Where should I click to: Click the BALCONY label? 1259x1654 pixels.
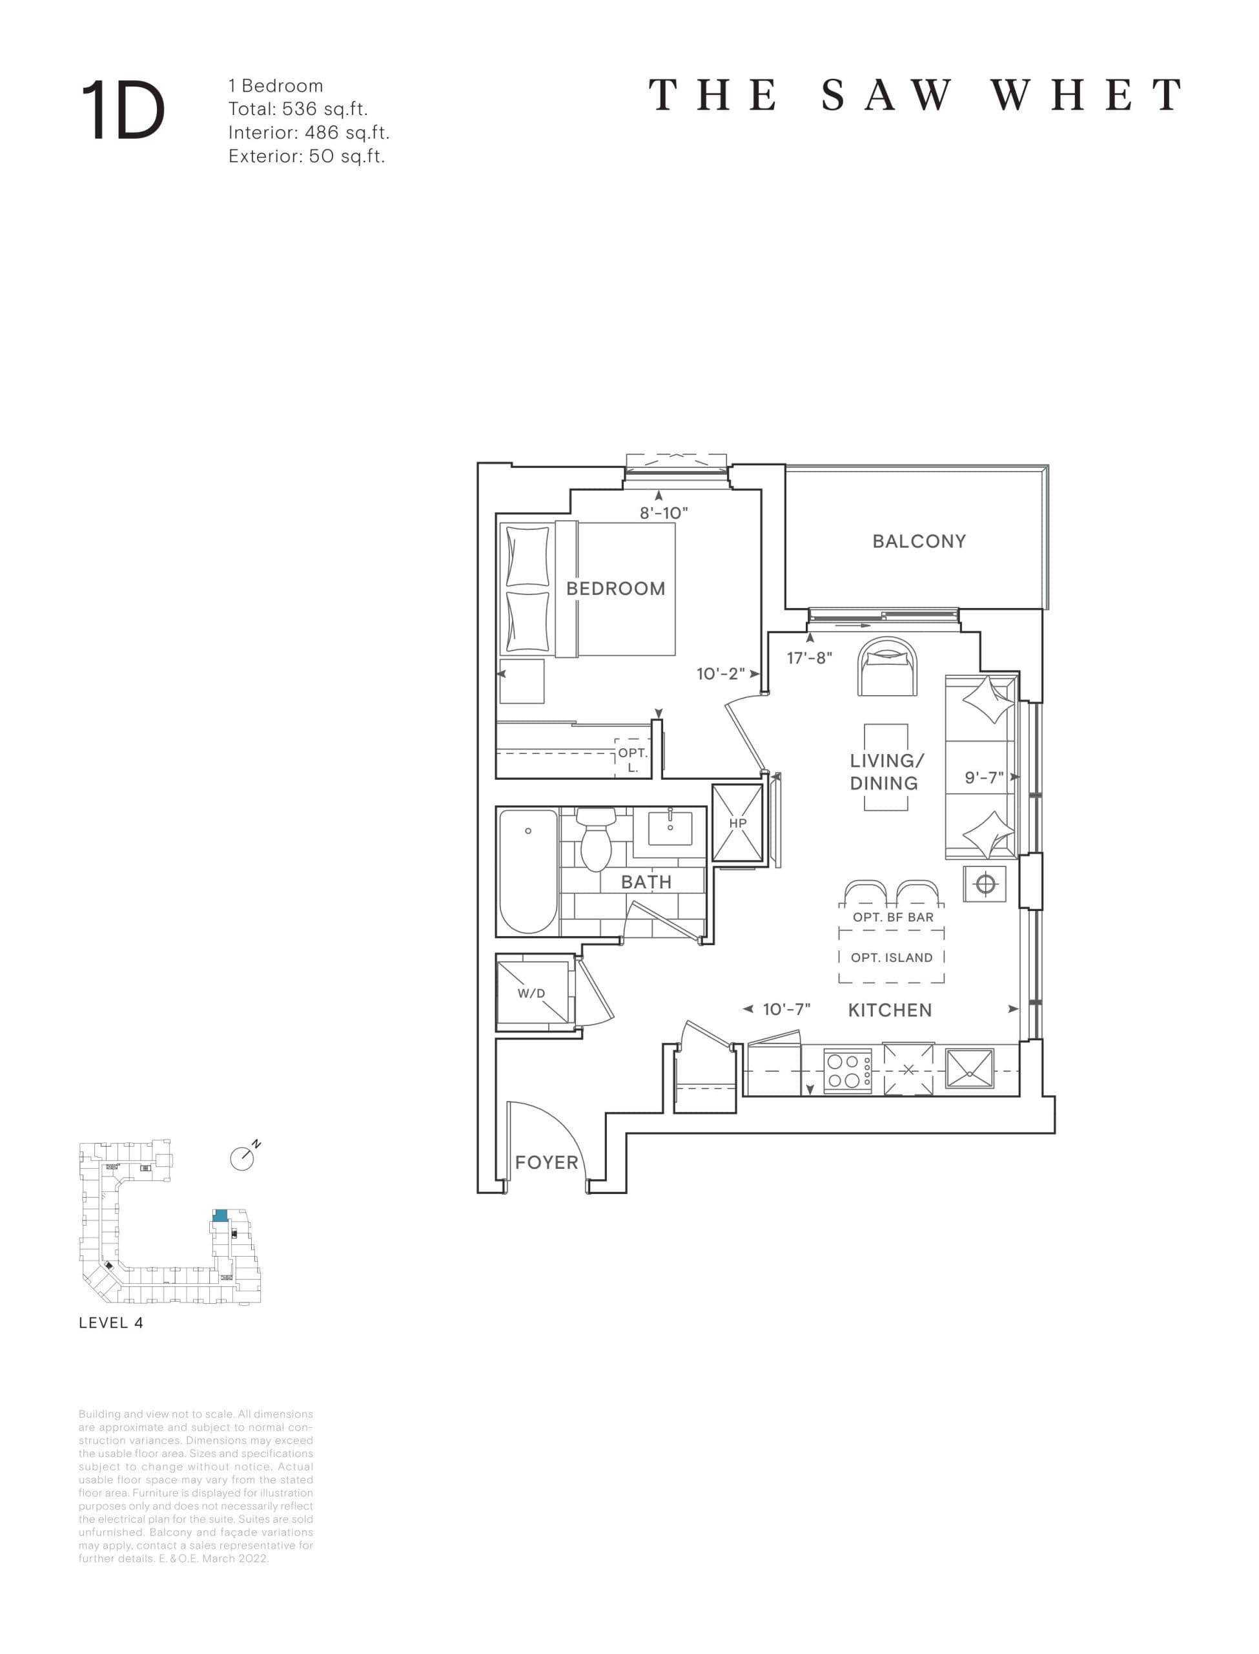pyautogui.click(x=919, y=541)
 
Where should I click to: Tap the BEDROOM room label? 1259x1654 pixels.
pyautogui.click(x=615, y=589)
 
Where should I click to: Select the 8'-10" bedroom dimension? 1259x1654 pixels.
pyautogui.click(x=663, y=514)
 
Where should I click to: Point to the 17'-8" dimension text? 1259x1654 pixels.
pyautogui.click(x=810, y=658)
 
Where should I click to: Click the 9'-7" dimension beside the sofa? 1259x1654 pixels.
pyautogui.click(x=983, y=777)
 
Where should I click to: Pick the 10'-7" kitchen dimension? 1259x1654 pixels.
pyautogui.click(x=786, y=1009)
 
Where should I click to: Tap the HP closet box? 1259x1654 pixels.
pyautogui.click(x=737, y=823)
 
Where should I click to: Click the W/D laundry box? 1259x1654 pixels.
pyautogui.click(x=532, y=992)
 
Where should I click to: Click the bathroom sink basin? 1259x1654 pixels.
pyautogui.click(x=670, y=828)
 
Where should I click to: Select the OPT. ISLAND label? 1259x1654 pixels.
pyautogui.click(x=892, y=958)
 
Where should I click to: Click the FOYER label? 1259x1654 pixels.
pyautogui.click(x=546, y=1162)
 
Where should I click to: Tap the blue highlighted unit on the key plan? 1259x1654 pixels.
pyautogui.click(x=220, y=1215)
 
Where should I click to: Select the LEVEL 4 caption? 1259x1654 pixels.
pyautogui.click(x=111, y=1345)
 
